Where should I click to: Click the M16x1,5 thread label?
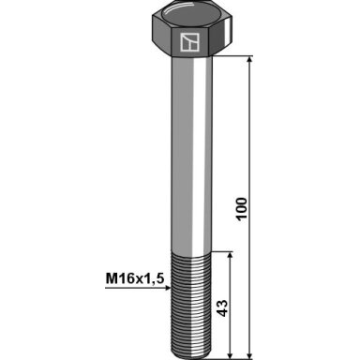(x=135, y=278)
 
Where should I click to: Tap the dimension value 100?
(x=242, y=209)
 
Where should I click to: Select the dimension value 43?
(x=222, y=308)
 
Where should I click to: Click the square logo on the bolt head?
(x=189, y=42)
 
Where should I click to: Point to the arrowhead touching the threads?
(x=167, y=288)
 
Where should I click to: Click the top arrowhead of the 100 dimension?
(x=249, y=60)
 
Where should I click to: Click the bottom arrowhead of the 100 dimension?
(x=249, y=355)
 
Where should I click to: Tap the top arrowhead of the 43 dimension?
(x=231, y=255)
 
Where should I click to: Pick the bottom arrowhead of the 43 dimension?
(x=231, y=355)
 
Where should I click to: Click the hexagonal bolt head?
(x=192, y=30)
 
